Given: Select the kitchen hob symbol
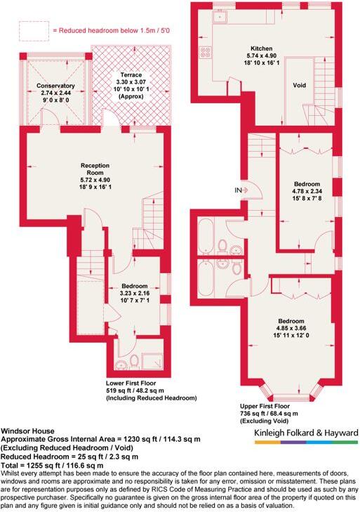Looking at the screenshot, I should [x=206, y=53].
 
